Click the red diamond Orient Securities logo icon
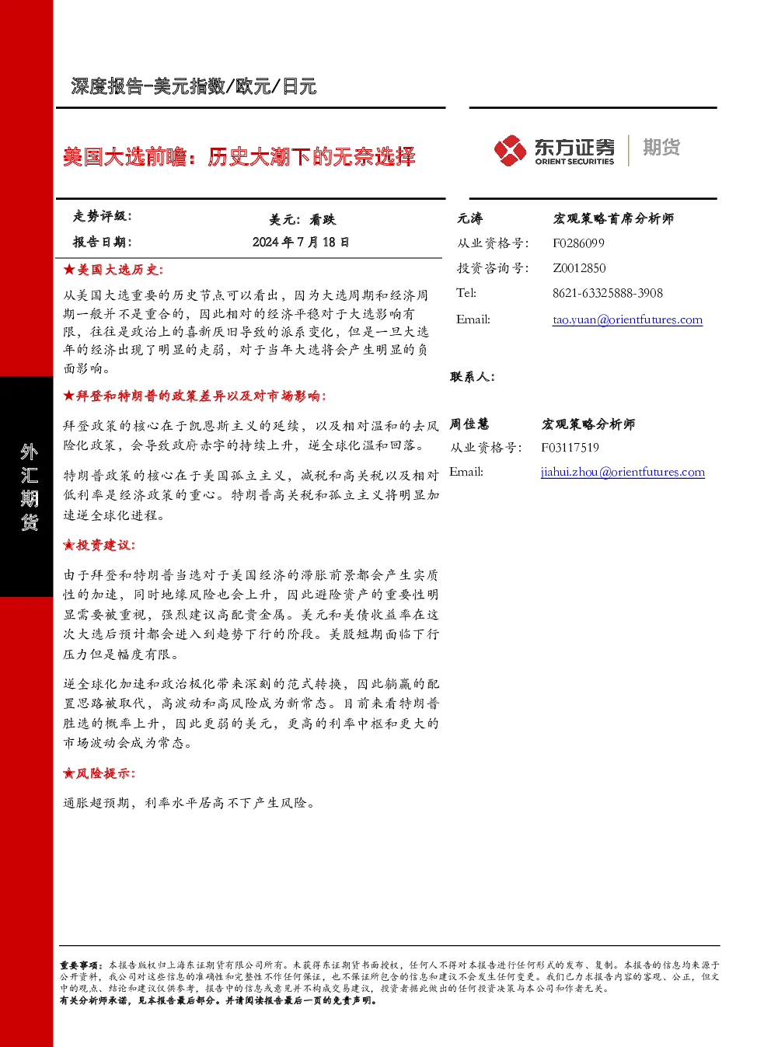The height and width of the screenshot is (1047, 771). coord(510,150)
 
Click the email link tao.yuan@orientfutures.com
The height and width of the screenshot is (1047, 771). coord(627,319)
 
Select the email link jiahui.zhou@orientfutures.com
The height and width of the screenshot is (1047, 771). coord(623,472)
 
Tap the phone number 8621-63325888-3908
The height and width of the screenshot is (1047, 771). coord(608,293)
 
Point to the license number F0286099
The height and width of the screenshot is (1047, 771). coord(578,243)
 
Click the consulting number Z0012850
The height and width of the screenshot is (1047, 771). coord(579,268)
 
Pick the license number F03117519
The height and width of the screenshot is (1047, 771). coord(570,447)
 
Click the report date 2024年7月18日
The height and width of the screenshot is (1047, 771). coord(301,242)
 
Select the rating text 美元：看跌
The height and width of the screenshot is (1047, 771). coord(302,219)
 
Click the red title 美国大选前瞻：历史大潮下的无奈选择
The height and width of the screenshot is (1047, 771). coord(239,156)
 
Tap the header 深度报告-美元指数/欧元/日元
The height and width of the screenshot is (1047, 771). coord(194,86)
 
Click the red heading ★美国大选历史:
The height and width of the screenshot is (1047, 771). coord(113,270)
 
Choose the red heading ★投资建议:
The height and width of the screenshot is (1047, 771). coord(99,545)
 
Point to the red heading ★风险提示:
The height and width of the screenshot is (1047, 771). coord(99,773)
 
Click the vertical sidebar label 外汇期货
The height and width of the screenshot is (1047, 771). coord(29,487)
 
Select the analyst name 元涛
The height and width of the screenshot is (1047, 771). coord(469,218)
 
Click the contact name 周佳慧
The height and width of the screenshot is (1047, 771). coord(469,424)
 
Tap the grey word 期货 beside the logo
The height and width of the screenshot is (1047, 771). coord(661,147)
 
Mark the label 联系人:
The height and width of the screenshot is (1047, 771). coord(473,377)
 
